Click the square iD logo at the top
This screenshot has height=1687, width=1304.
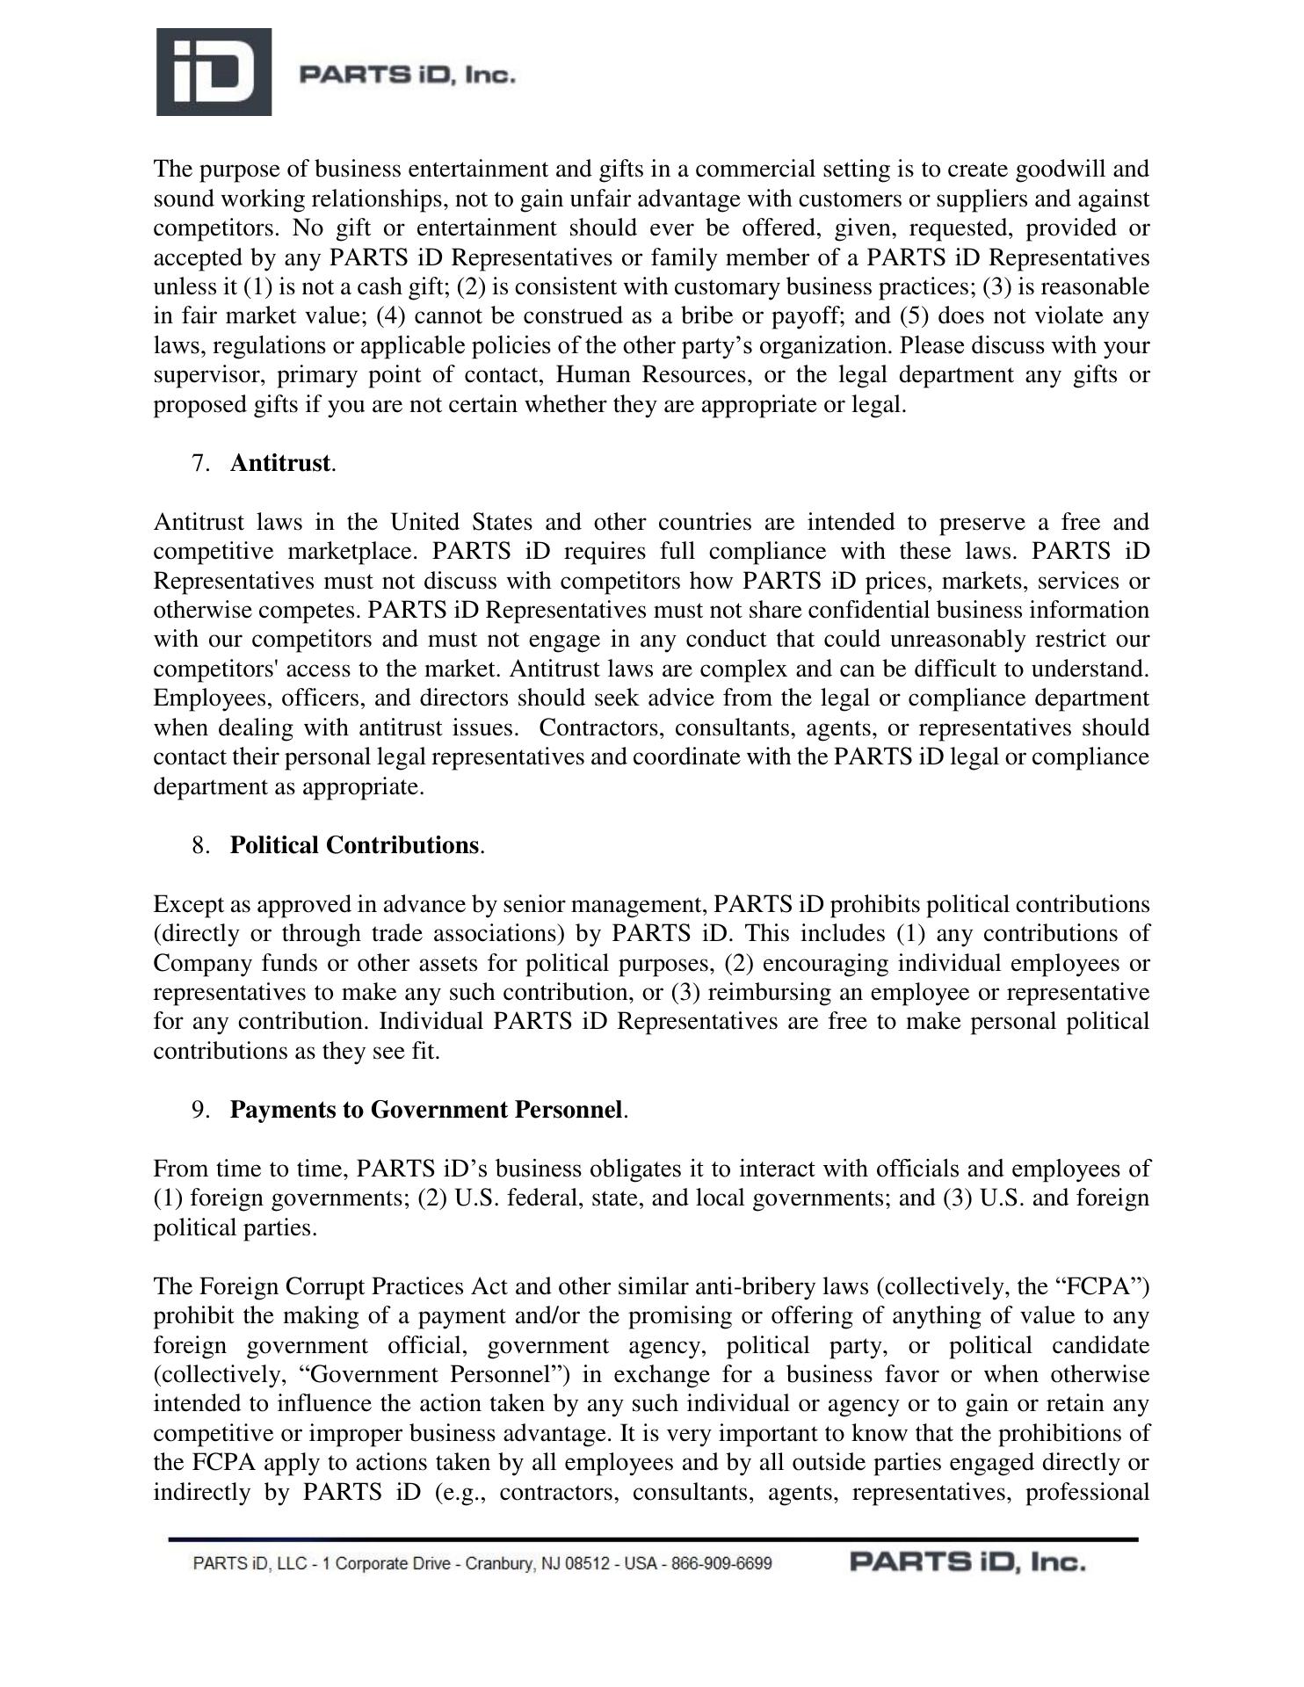coord(214,72)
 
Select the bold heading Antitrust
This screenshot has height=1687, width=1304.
coord(280,463)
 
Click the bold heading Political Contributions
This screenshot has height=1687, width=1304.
coord(354,845)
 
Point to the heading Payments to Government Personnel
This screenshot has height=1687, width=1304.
coord(426,1110)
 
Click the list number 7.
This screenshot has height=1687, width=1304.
coord(199,463)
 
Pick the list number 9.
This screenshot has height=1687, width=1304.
coord(199,1110)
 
